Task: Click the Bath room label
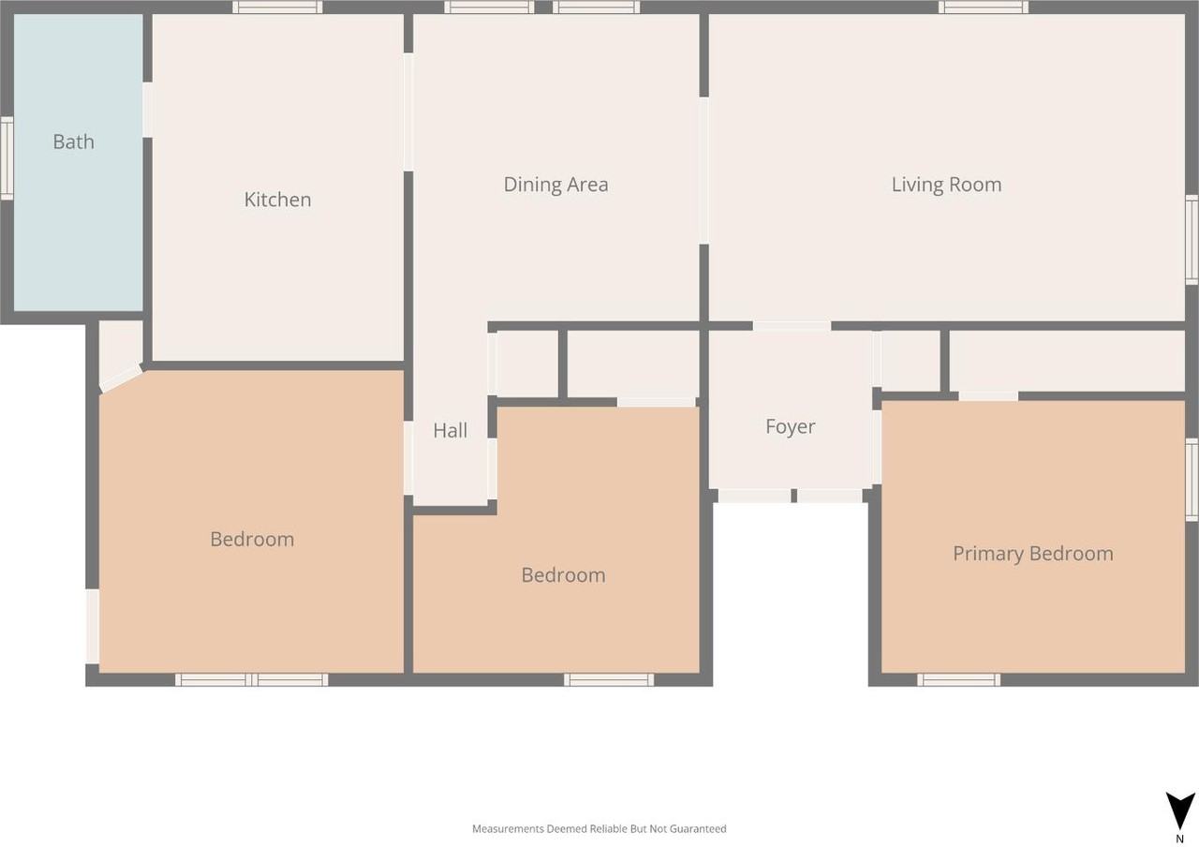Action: [x=73, y=142]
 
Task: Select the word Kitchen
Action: [x=277, y=200]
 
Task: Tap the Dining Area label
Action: [x=555, y=185]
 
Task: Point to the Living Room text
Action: [x=946, y=185]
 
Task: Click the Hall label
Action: [x=450, y=431]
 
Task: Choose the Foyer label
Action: [x=790, y=427]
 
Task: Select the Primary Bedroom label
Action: [x=1032, y=554]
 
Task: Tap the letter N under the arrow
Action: [x=1179, y=840]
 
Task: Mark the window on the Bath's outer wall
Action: [x=6, y=158]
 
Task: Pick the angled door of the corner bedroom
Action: [x=121, y=378]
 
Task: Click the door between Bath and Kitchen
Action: [x=148, y=110]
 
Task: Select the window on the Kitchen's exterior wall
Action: [x=277, y=7]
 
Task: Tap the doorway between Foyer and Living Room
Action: [x=792, y=326]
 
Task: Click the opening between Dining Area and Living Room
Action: [x=703, y=171]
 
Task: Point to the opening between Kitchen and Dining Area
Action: [x=408, y=111]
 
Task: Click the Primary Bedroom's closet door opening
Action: [x=988, y=396]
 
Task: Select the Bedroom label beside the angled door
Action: [x=252, y=540]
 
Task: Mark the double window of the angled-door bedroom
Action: [x=251, y=679]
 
